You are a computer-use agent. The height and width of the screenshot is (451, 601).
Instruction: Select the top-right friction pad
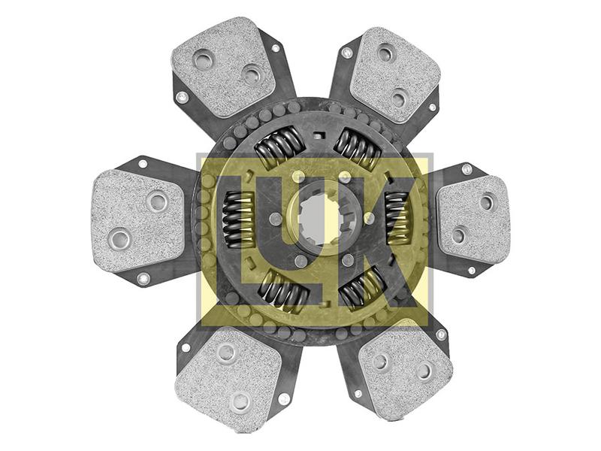tap(394, 75)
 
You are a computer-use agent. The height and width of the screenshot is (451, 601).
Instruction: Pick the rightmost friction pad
tap(473, 218)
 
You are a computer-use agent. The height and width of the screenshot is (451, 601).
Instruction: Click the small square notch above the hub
tap(319, 135)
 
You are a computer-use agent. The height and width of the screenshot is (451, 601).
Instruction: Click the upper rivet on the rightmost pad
tap(487, 201)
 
